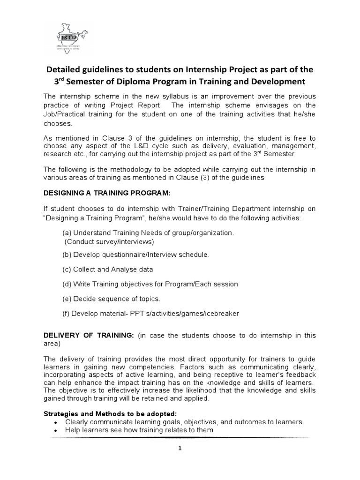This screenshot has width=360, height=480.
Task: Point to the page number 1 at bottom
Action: click(180, 448)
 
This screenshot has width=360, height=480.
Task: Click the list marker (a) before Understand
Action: click(67, 233)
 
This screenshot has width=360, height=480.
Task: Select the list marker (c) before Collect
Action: click(67, 270)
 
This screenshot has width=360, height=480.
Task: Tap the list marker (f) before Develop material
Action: click(66, 314)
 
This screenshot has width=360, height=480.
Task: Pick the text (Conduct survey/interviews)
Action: click(109, 242)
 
